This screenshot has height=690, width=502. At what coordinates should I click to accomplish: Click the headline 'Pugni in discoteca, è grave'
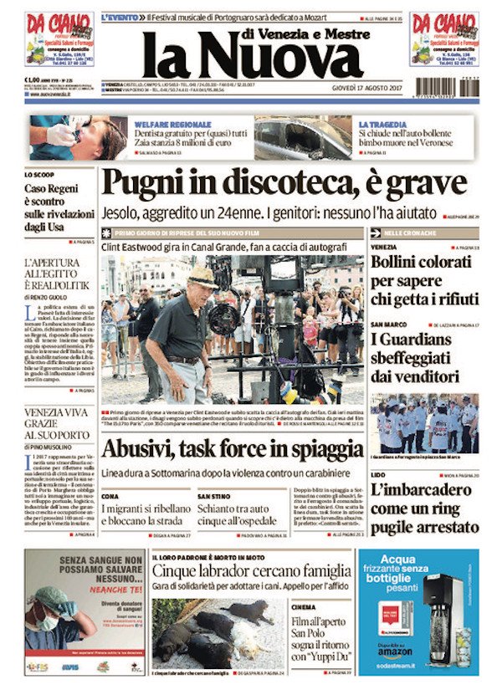[x=284, y=182]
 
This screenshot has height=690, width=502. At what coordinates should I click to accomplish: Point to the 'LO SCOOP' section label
[x=39, y=175]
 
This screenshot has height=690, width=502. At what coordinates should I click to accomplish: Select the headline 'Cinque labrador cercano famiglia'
[x=251, y=570]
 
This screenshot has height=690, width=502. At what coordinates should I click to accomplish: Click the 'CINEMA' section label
[x=305, y=606]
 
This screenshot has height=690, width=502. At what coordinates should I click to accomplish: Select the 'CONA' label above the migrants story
[x=110, y=496]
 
